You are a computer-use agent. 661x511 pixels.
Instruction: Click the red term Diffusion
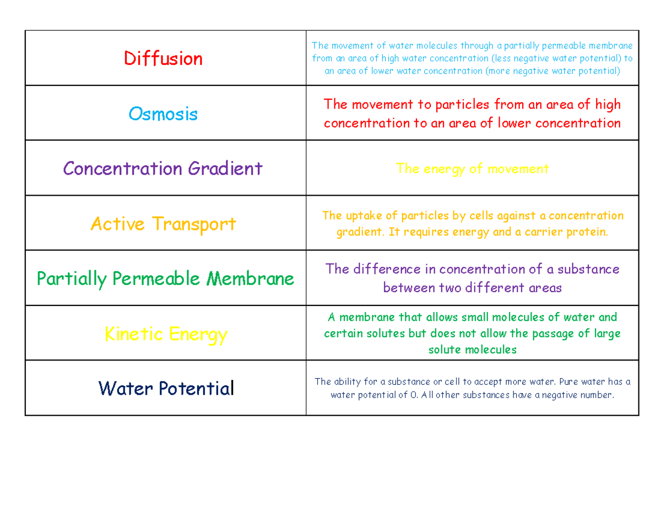(163, 58)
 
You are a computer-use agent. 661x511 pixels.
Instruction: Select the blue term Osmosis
(163, 114)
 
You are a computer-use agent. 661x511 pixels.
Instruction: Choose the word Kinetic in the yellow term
(134, 334)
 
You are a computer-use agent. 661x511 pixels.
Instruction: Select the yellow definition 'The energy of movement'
(472, 169)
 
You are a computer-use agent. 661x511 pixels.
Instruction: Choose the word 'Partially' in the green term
(71, 278)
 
